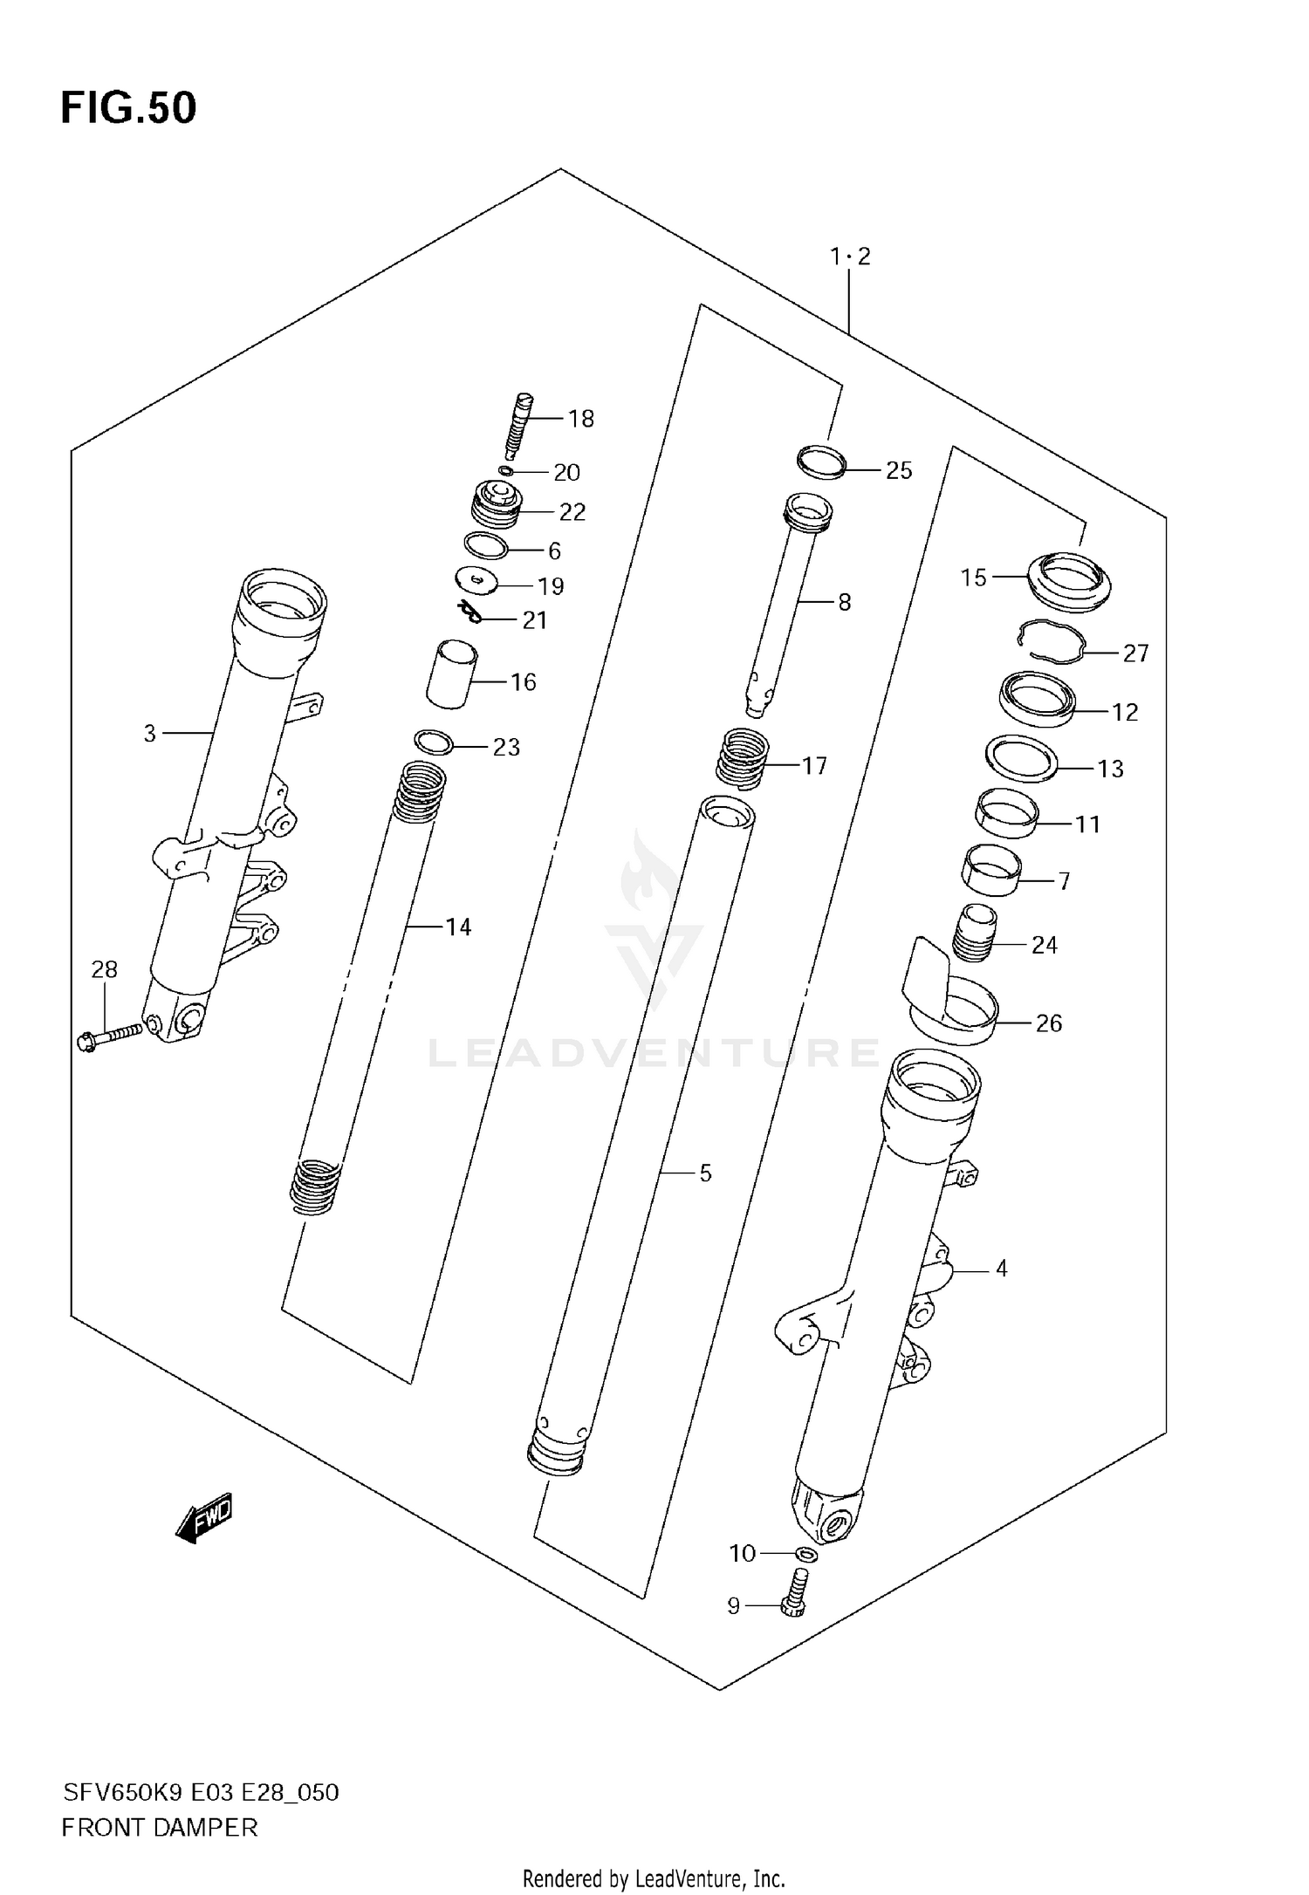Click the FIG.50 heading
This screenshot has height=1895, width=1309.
point(128,108)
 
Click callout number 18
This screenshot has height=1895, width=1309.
point(580,419)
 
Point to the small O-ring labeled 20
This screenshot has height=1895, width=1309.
point(505,471)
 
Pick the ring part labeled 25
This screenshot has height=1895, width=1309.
point(822,462)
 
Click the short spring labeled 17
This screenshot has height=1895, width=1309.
point(743,757)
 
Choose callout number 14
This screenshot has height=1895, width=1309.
point(458,927)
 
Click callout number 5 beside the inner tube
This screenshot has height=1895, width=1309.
point(705,1173)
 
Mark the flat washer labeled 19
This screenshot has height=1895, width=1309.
point(476,580)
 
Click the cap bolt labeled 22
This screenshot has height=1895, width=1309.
point(497,507)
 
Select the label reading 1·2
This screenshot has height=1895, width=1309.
point(850,257)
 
